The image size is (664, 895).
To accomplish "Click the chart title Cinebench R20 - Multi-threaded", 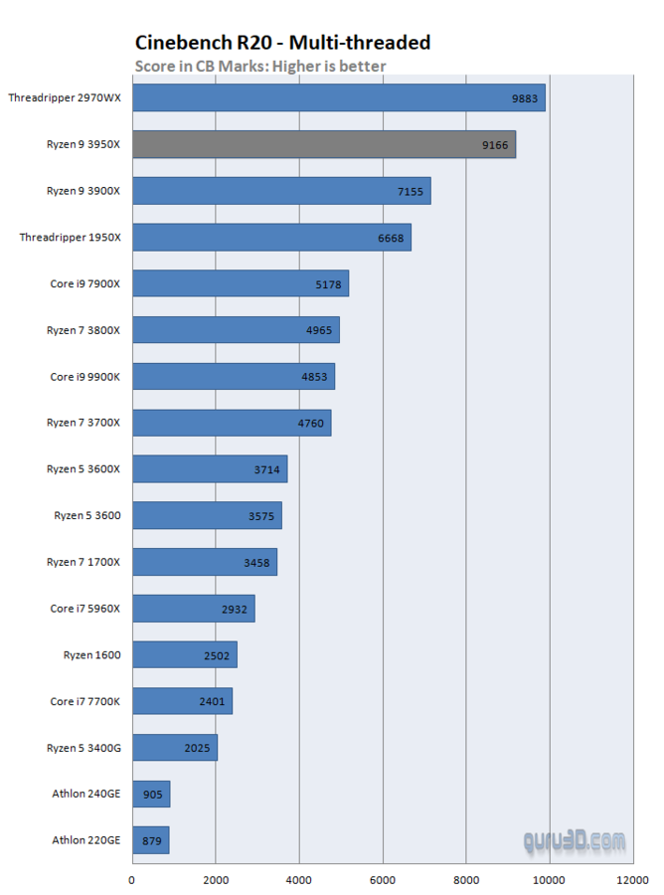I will pos(282,42).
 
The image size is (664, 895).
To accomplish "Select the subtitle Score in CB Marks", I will pos(259,66).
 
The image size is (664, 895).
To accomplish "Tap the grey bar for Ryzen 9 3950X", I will pos(323,144).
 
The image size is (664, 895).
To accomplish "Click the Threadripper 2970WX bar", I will pos(338,97).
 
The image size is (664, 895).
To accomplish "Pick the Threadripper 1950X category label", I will pos(71,237).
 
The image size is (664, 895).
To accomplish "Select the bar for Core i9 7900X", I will pos(240,283).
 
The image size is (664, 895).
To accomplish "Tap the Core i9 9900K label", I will pos(85,376).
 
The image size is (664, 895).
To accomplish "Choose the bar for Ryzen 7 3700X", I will pos(231,423).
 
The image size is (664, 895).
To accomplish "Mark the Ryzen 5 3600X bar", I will pos(209,468).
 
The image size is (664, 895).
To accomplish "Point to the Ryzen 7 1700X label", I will pos(83,562).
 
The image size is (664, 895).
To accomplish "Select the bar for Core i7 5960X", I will pos(193,608).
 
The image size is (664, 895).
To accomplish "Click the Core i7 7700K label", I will pos(85,701).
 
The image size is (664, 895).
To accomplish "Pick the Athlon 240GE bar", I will pos(150,794).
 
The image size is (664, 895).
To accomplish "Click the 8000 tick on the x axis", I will pos(465,879).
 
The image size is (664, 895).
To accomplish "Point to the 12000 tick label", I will pos(632,879).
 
